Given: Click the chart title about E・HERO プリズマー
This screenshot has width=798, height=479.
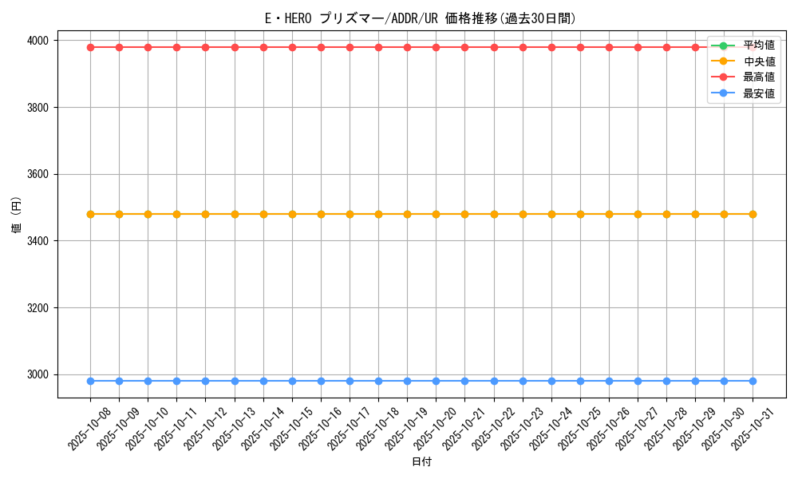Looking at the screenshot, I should tap(421, 18).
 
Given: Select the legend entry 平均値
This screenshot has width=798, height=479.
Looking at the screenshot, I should tap(758, 45).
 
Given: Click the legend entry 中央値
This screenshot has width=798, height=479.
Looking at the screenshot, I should tap(758, 61).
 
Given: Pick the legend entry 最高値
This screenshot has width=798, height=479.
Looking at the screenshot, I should tap(758, 77).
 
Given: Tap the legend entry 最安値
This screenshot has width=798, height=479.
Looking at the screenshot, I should tap(758, 93).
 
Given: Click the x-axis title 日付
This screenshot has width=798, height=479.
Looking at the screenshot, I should tap(421, 462).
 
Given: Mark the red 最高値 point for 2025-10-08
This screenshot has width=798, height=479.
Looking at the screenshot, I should tap(90, 47).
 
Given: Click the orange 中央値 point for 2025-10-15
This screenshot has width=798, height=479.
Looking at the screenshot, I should tap(292, 214).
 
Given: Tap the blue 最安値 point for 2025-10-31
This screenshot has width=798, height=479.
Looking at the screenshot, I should tap(753, 381).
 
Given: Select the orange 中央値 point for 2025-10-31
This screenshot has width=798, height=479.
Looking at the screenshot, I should tap(753, 214).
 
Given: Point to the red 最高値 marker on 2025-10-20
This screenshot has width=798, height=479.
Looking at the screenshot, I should tap(436, 47).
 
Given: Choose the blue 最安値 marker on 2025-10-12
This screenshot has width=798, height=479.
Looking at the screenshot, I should tap(205, 381).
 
